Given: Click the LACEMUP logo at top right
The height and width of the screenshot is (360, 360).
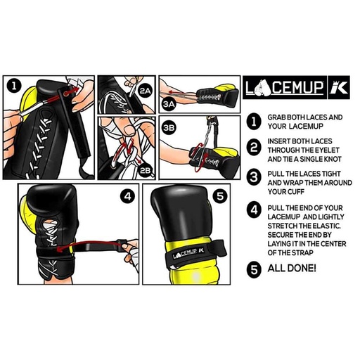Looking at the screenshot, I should pos(283,88).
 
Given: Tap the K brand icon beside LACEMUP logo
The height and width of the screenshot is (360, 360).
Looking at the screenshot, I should pos(337,88).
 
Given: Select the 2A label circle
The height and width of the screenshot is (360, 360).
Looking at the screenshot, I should pos(145,91).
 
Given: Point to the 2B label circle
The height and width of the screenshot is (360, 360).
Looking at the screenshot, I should pos(146,169).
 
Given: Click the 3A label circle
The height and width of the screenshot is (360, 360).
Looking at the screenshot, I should pos(169,103).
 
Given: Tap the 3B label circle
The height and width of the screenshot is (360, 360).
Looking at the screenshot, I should pos(169,128).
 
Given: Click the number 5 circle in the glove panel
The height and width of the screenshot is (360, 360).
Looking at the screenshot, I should pos(219,197).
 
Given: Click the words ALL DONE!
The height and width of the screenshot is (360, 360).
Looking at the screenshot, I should pos(292,268).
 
